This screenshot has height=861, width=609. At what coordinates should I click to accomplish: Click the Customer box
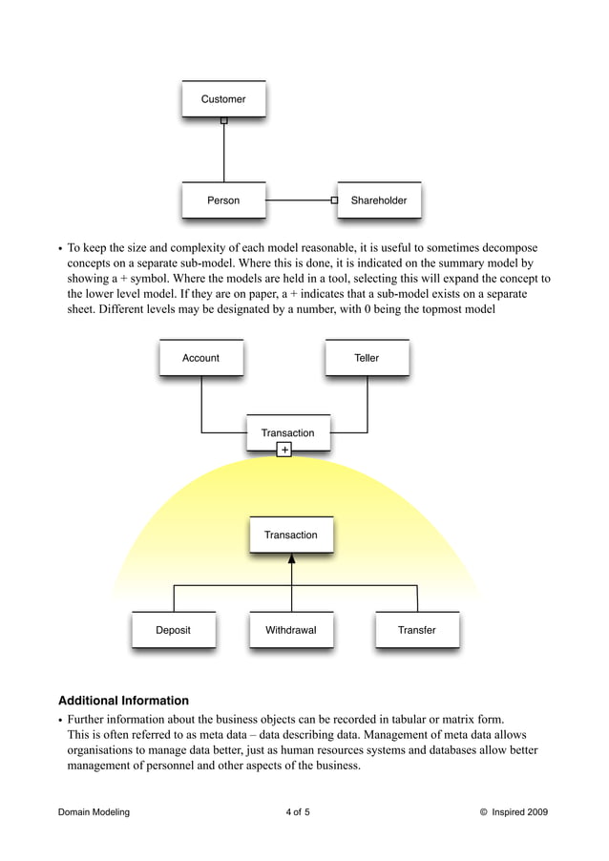[x=223, y=99]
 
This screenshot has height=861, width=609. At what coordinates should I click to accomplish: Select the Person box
[x=223, y=200]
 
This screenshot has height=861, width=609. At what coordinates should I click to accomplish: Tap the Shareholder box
[x=379, y=200]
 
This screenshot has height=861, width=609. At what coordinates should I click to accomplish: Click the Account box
[x=200, y=358]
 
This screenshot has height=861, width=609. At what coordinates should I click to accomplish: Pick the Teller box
[x=367, y=358]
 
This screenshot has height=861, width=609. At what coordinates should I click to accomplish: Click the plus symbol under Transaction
[x=284, y=450]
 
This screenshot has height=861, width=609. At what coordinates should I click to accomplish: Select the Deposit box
[x=174, y=630]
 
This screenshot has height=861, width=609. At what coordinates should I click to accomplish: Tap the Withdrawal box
[x=291, y=630]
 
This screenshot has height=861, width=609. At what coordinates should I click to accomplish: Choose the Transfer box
[x=417, y=630]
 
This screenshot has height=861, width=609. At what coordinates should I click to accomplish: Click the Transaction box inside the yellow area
[x=291, y=535]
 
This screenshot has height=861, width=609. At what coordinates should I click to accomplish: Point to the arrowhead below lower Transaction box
[x=292, y=558]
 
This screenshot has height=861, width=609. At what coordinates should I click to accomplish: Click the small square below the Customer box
[x=224, y=120]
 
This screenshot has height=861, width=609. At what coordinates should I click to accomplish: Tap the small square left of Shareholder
[x=334, y=200]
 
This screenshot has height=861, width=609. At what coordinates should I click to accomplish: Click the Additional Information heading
[x=123, y=700]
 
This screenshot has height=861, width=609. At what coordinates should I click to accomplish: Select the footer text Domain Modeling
[x=94, y=812]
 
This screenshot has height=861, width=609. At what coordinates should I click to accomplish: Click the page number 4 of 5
[x=298, y=812]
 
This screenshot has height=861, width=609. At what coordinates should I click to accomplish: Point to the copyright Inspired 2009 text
[x=514, y=812]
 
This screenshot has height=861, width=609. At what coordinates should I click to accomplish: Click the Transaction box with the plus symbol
[x=287, y=431]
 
